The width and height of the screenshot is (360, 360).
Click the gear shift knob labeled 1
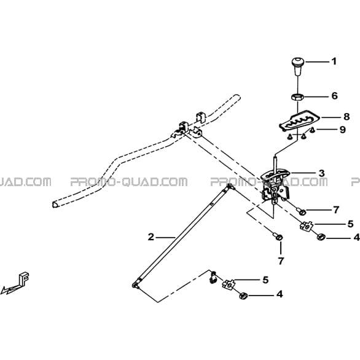pos(298,66)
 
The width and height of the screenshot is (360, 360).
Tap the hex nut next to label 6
pos(298,97)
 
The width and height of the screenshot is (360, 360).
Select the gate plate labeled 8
pos(300,120)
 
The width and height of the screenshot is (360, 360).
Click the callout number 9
pos(342,130)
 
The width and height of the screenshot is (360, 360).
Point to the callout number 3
pos(322,173)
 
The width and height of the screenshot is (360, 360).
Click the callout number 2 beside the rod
pos(151,237)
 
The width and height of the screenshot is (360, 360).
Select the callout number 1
pos(334,61)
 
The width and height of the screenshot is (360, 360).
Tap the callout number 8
pos(346,117)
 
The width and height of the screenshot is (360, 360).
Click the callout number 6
pos(335,95)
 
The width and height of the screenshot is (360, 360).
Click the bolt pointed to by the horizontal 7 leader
pos(300,211)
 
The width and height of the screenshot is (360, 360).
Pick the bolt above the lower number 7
pos(278,237)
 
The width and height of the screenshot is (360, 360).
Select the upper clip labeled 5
pos(307,226)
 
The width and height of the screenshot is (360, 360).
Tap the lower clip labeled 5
pos(229,284)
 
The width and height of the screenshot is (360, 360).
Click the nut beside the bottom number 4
pos(243,296)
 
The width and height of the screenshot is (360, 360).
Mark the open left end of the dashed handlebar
pos(55,205)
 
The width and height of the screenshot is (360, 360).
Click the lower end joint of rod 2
pos(135,285)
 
